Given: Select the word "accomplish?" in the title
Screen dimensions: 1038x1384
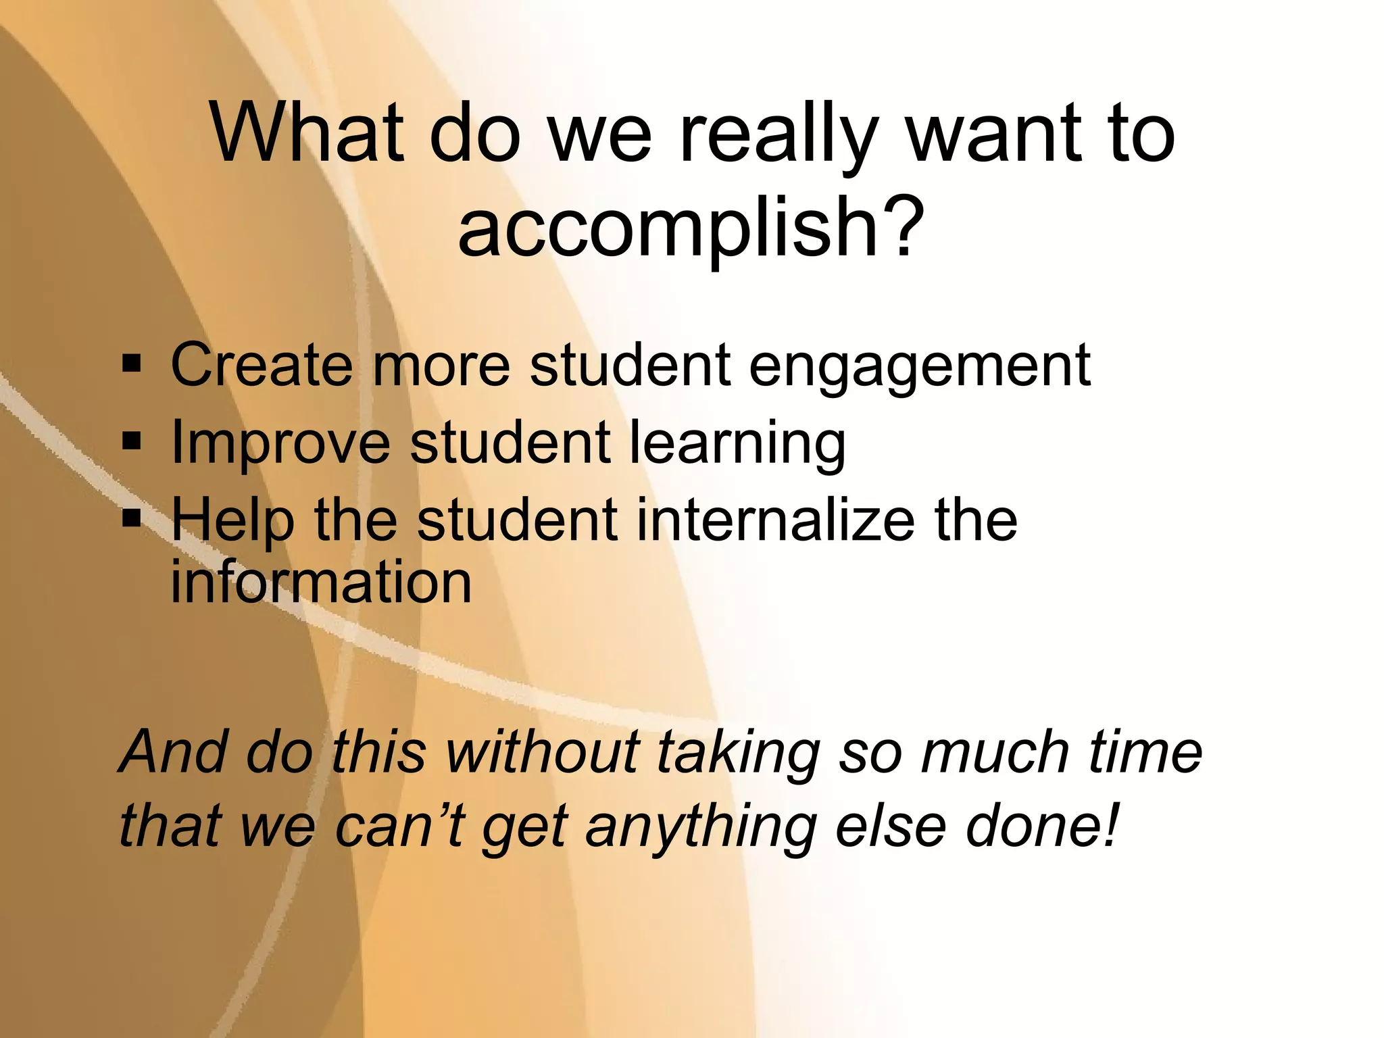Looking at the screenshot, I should [x=691, y=226].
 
